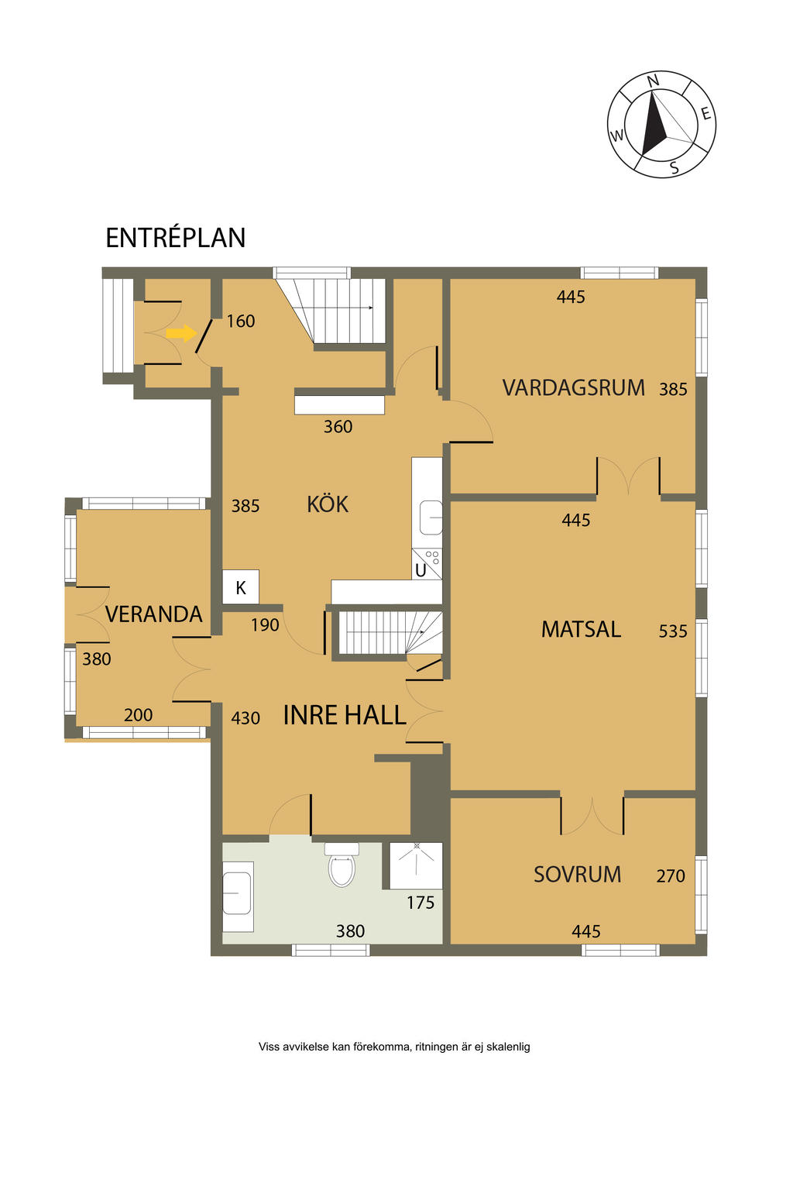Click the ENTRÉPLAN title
click(x=175, y=238)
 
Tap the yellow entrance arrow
click(x=181, y=333)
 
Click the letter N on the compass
click(x=653, y=81)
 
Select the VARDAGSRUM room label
click(x=573, y=388)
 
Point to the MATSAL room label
click(x=581, y=630)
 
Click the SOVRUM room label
click(x=578, y=875)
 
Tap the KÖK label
click(x=328, y=503)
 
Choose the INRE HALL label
click(x=345, y=715)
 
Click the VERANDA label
click(x=154, y=614)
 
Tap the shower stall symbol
click(x=416, y=865)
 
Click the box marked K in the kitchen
click(x=241, y=587)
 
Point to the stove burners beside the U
click(x=432, y=557)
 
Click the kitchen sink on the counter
click(x=431, y=517)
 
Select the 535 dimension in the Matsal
click(x=673, y=631)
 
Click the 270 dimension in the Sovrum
click(x=671, y=875)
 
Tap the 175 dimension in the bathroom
click(x=421, y=903)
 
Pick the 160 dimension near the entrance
click(x=241, y=322)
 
